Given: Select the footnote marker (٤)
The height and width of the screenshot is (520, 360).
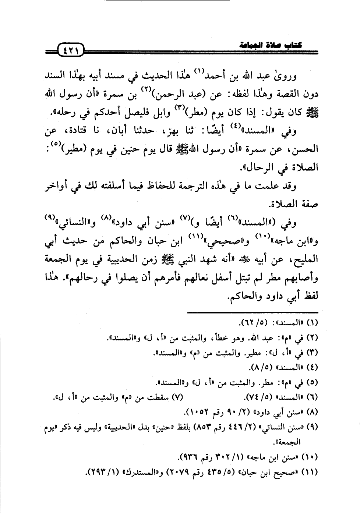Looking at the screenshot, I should pos(313,367).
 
